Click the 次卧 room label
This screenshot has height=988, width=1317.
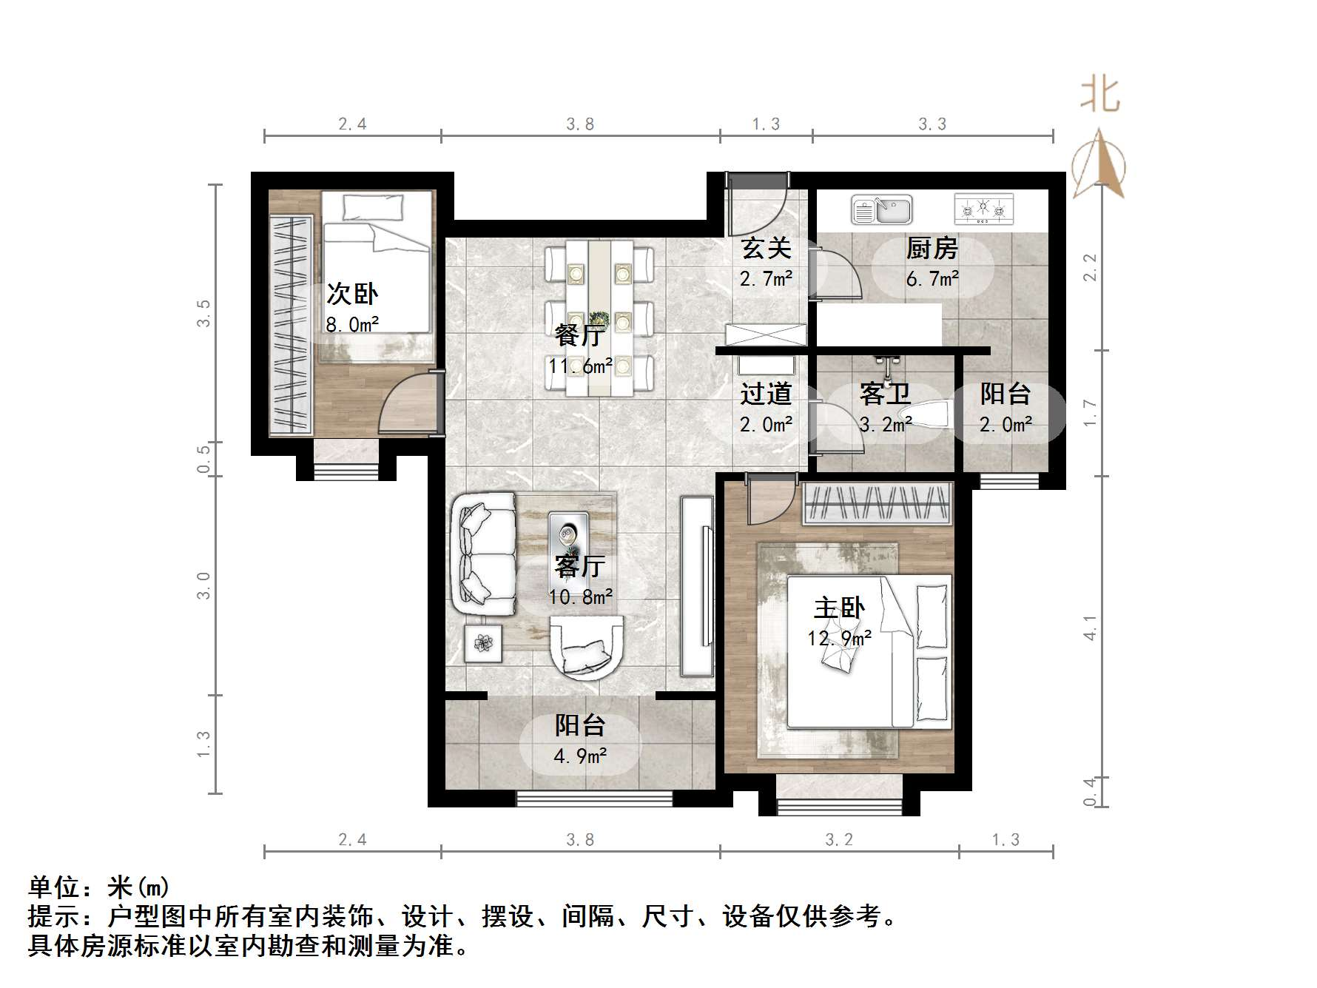352,295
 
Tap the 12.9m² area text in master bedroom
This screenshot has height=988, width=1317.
839,638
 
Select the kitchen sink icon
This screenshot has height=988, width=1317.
881,209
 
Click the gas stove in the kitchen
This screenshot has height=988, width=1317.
983,209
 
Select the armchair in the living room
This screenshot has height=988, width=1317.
587,648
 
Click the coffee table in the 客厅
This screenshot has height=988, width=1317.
568,538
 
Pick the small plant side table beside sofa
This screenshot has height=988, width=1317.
482,643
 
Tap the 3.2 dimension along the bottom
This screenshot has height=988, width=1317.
839,839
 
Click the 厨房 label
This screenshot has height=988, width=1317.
932,249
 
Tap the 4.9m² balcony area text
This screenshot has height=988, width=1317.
581,756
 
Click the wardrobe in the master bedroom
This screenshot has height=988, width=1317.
877,504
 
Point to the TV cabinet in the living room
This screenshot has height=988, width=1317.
697,586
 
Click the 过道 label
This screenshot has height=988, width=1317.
766,394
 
